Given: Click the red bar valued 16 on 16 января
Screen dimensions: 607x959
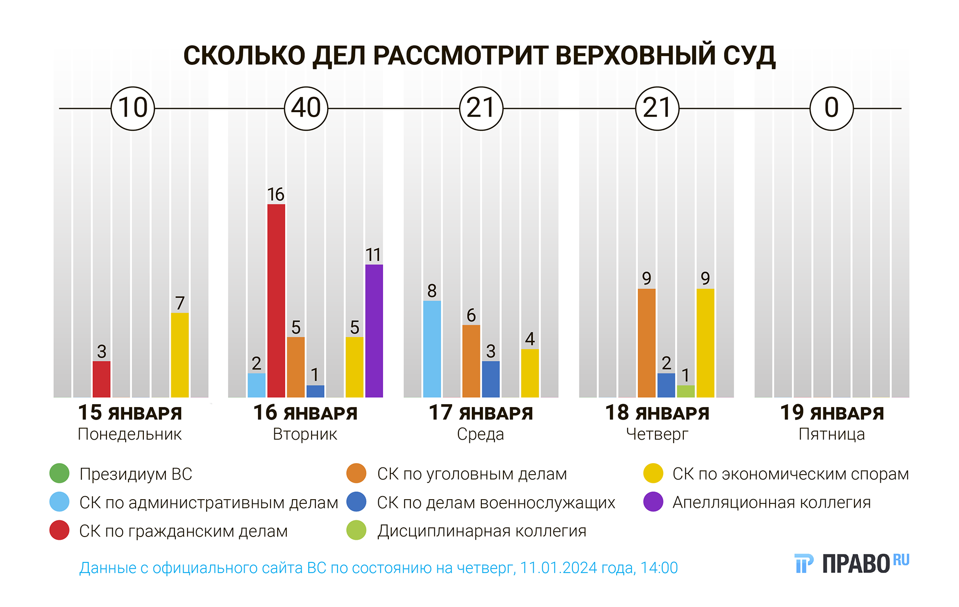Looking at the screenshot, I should coord(276,301).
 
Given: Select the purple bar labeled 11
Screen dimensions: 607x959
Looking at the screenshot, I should coord(374,331).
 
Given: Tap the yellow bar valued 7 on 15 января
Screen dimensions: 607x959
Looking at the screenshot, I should coord(180,355).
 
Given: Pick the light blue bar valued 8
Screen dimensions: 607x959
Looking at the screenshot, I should coord(432,349).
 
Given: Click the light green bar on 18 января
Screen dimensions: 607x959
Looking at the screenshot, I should coord(686,391).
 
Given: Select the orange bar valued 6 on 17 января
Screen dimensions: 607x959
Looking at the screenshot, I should coord(471,361).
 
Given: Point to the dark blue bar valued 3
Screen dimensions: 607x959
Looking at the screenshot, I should coord(491,379).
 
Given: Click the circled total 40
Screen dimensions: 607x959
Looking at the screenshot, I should coord(306,108).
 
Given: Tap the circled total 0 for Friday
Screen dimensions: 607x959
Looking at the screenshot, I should coord(831,108).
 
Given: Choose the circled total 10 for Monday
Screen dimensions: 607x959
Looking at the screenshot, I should coord(133,108).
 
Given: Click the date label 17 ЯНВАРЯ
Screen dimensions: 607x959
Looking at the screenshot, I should coord(480,413).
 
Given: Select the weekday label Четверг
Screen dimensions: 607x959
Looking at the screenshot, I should coord(657,434).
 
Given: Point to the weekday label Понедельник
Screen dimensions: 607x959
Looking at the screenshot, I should coord(129,434).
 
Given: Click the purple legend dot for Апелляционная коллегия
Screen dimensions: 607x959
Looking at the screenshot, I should coord(653,502).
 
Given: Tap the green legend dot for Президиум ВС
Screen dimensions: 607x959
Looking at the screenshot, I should coord(59,474).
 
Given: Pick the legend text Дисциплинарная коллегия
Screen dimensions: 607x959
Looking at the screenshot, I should coord(481,531).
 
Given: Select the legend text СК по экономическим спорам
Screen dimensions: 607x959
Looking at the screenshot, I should coord(790,474).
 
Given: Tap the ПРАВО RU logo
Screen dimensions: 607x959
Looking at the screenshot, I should coord(852,564).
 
